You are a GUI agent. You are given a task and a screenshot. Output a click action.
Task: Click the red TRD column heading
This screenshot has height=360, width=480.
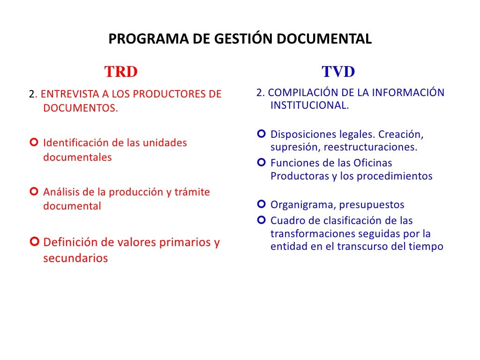click(121, 72)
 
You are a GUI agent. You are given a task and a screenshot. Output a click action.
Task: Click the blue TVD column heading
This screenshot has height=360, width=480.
click(338, 72)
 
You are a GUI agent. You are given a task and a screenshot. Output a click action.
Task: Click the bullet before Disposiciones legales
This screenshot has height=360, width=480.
click(261, 135)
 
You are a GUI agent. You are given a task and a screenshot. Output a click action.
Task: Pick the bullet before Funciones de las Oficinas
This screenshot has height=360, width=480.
click(261, 163)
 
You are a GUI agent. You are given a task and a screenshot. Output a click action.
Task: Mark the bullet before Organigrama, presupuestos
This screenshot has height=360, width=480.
click(261, 204)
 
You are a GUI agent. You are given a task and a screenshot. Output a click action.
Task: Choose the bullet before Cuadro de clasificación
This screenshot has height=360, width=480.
click(261, 220)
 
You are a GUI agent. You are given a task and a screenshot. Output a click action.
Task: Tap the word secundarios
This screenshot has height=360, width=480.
click(75, 258)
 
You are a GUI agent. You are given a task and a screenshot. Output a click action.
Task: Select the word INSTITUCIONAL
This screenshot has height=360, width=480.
click(309, 105)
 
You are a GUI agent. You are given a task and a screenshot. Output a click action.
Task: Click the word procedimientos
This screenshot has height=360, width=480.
click(395, 176)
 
